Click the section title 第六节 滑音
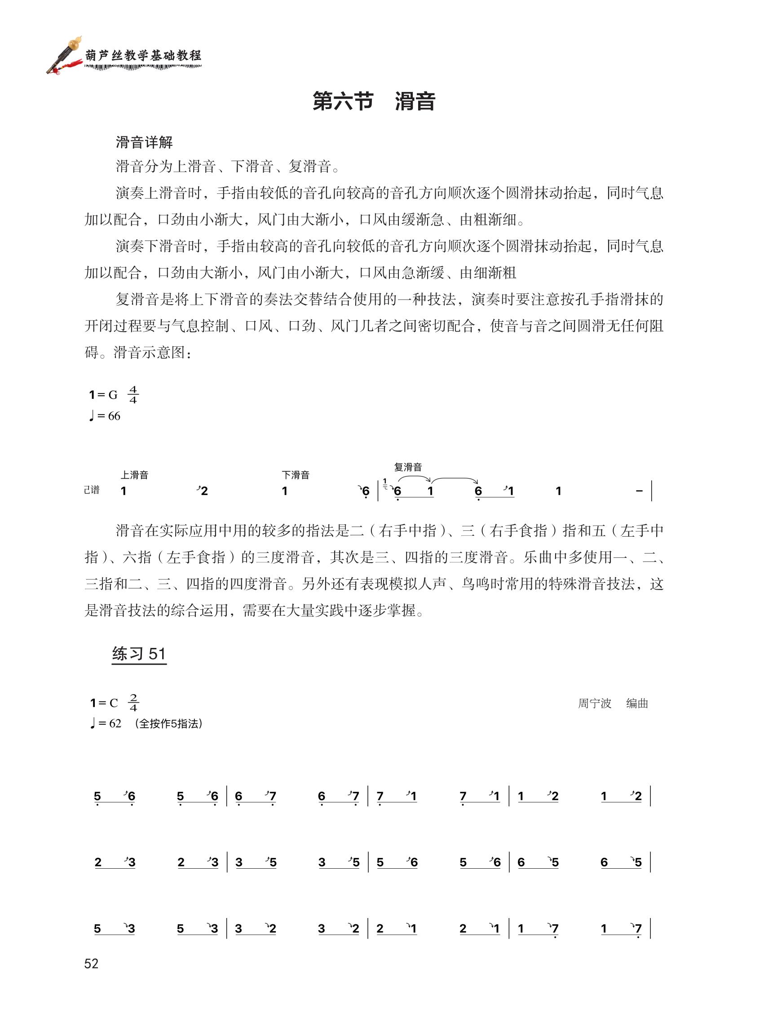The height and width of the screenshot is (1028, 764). (374, 101)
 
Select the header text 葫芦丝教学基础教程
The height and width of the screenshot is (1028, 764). (143, 56)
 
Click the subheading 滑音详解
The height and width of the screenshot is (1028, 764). (144, 142)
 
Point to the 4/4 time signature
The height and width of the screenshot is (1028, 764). (133, 394)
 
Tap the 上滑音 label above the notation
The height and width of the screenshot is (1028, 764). (134, 474)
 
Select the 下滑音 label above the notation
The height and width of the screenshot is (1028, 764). (295, 474)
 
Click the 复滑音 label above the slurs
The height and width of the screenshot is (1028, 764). (408, 467)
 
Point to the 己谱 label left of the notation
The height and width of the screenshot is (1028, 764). (92, 490)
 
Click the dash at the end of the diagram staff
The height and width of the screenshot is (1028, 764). (639, 491)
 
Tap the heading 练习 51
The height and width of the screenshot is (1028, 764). (139, 654)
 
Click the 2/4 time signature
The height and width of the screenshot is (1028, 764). (133, 703)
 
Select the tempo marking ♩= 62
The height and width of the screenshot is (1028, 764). (106, 723)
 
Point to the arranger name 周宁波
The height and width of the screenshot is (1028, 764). (594, 703)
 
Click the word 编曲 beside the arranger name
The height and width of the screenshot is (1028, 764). (637, 703)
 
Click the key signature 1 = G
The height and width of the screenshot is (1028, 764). (104, 394)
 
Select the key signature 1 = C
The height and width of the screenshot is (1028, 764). (104, 703)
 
